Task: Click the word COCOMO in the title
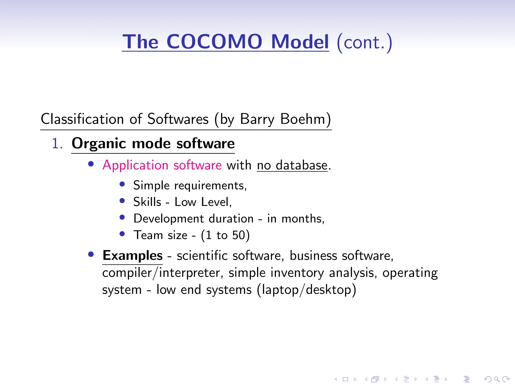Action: click(x=214, y=42)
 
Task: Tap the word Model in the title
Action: click(x=300, y=42)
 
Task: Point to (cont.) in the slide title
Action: click(x=364, y=42)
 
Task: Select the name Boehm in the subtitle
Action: click(x=303, y=119)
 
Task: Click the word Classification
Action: click(x=82, y=119)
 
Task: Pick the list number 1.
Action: click(x=57, y=144)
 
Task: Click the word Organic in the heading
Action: click(x=99, y=144)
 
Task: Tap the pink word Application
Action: click(x=135, y=165)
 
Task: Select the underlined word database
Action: click(x=302, y=166)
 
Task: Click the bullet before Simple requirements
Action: click(x=122, y=184)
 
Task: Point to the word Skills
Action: click(x=147, y=202)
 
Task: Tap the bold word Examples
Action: click(x=133, y=255)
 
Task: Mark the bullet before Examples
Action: click(x=91, y=254)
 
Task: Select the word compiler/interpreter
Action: click(x=161, y=273)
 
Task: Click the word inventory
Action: click(x=297, y=273)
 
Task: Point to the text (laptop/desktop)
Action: click(x=307, y=290)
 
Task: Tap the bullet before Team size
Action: click(x=122, y=234)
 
